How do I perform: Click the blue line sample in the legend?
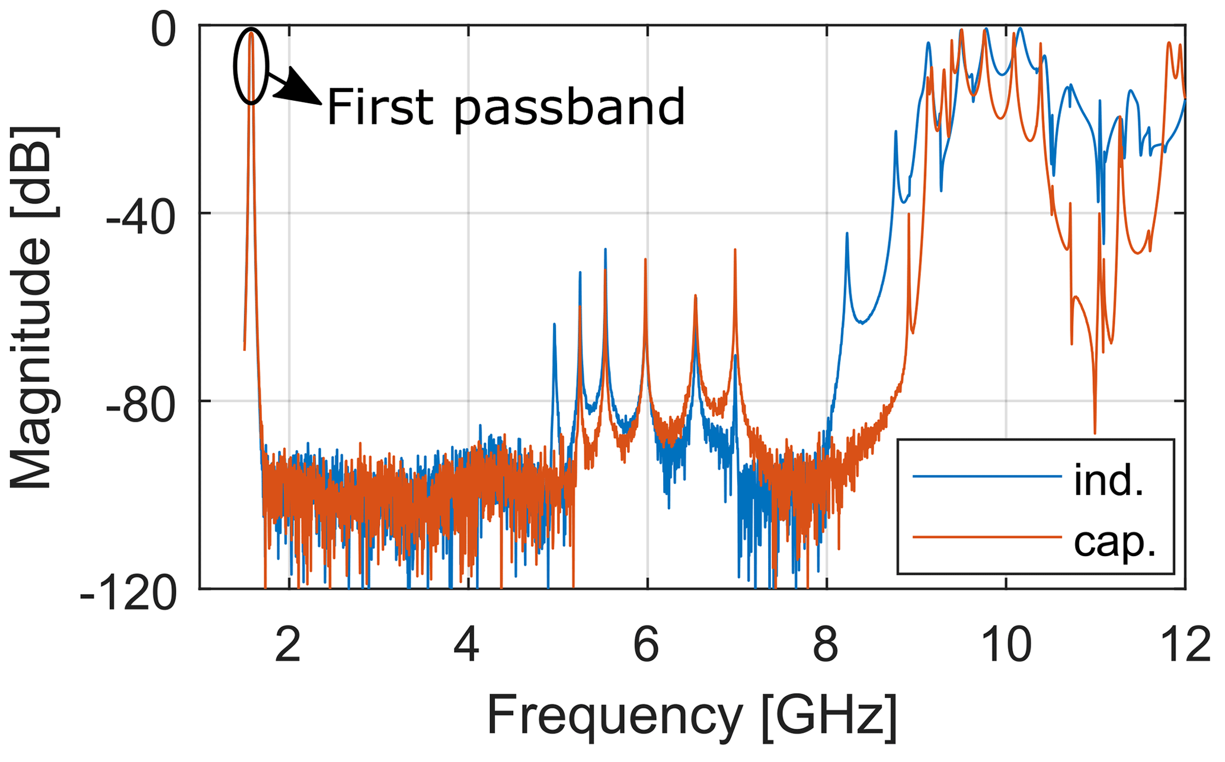tap(987, 476)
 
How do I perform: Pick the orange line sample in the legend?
tap(987, 537)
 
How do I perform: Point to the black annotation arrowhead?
tap(302, 89)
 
